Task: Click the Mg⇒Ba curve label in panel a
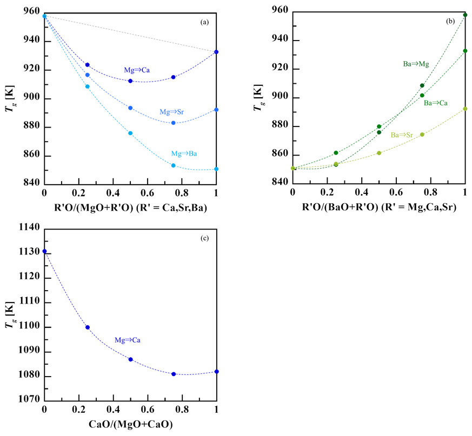tap(183, 154)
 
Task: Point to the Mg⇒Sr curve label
tap(172, 112)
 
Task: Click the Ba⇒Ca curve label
tap(436, 103)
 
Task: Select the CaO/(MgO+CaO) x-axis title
tap(130, 425)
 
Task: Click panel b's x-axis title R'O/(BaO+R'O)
tap(378, 207)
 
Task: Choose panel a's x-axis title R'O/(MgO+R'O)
tap(130, 207)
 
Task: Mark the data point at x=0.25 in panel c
tap(88, 327)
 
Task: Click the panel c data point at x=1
tap(217, 372)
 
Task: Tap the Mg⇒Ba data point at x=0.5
tap(130, 133)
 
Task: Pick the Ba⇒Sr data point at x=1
tap(465, 109)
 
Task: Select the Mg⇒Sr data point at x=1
tap(217, 110)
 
